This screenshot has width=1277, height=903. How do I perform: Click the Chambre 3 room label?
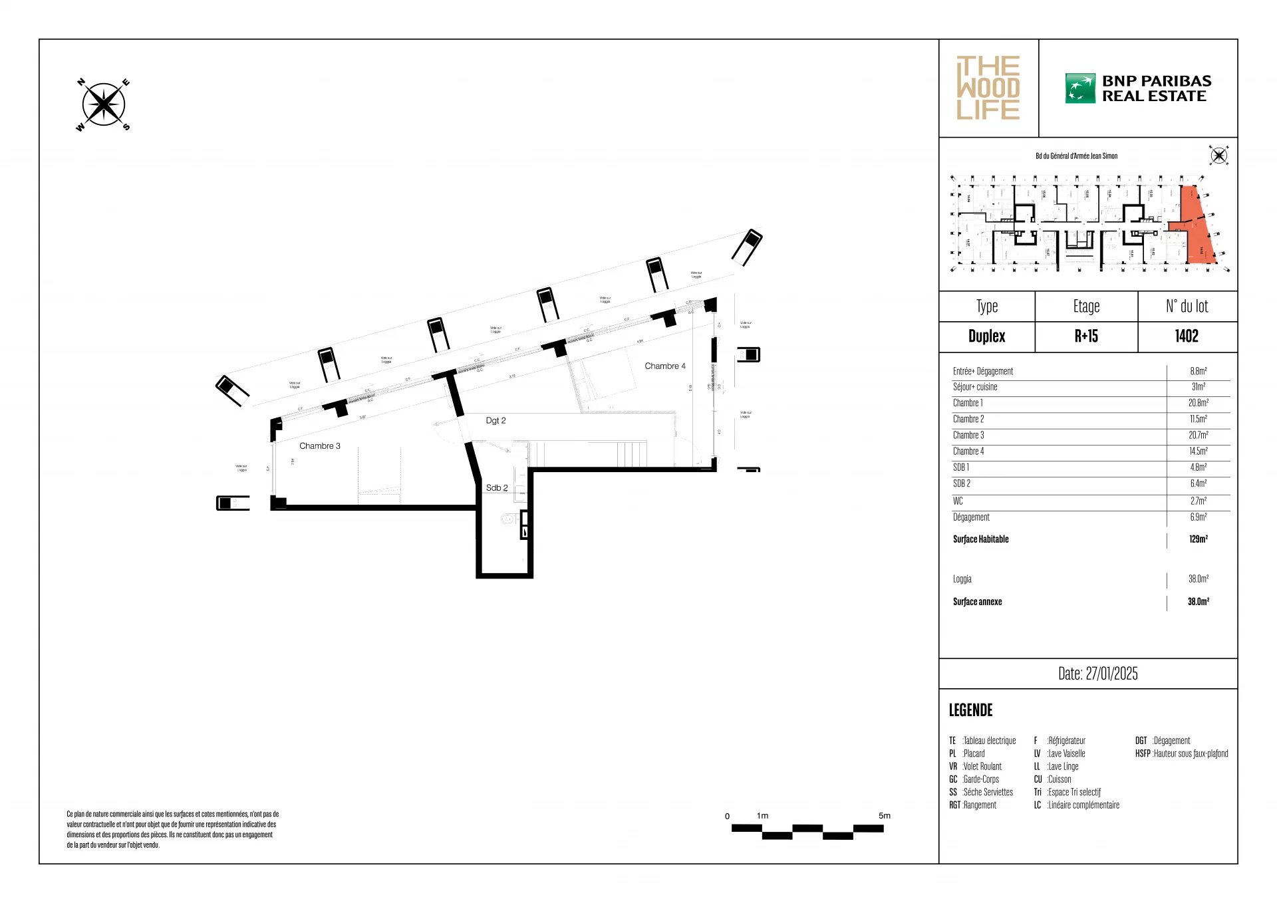319,446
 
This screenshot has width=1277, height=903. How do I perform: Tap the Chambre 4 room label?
664,366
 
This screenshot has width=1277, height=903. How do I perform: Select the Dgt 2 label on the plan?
496,420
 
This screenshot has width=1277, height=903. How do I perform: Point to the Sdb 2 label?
497,487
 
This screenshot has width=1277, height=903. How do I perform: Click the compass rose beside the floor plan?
103,104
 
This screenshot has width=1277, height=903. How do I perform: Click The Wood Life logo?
988,88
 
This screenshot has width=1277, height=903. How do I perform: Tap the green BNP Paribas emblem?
1079,88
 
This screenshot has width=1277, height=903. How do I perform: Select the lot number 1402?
1187,336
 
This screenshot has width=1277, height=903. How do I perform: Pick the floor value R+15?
1086,336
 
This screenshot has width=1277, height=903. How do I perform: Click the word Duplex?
986,336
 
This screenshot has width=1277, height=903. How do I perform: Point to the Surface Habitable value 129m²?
1198,539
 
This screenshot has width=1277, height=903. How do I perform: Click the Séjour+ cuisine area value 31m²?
1198,387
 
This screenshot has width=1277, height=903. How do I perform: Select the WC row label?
958,501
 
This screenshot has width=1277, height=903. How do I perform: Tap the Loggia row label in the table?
962,579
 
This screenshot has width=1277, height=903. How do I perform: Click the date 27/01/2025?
1111,674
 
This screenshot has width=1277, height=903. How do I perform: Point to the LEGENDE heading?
970,710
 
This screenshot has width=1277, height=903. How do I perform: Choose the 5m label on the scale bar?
884,815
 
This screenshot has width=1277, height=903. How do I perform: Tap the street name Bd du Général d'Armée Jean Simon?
1076,156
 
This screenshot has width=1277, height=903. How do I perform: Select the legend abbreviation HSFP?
1142,753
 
